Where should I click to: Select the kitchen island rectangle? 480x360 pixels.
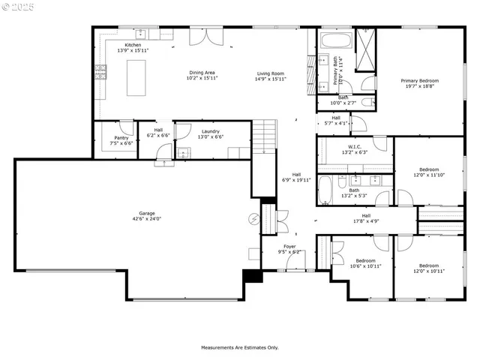tap(136, 77)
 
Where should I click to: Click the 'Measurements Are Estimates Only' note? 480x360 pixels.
tap(239, 347)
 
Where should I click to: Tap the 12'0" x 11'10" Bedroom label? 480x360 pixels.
tap(429, 172)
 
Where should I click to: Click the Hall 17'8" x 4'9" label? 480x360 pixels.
tap(366, 218)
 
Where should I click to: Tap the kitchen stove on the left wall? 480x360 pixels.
tap(100, 72)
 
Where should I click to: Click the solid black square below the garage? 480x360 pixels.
tap(255, 276)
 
